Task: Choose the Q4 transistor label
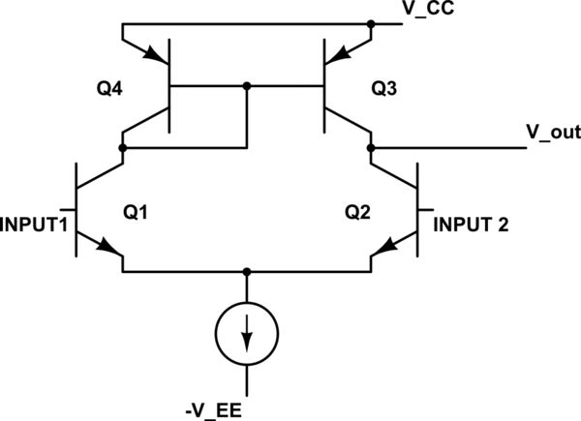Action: coord(106,89)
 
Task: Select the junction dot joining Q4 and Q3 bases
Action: coord(248,86)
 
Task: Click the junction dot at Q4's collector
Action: coord(123,148)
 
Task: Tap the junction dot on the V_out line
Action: coord(371,148)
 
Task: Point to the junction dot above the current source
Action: coord(248,272)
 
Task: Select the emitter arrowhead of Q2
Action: coord(383,256)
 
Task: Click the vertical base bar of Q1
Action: coord(76,210)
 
